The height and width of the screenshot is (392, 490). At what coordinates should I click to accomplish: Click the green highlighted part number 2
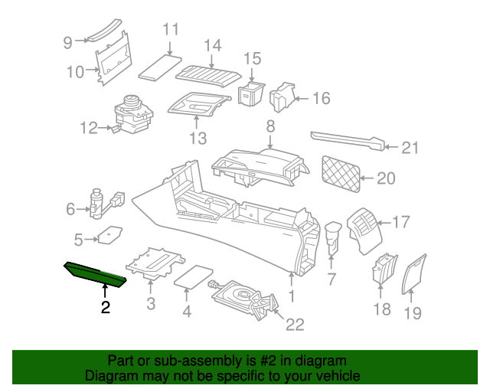pyautogui.click(x=95, y=273)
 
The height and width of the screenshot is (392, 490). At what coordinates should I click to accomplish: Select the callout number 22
pyautogui.click(x=295, y=325)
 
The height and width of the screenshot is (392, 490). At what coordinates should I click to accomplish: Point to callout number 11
pyautogui.click(x=170, y=30)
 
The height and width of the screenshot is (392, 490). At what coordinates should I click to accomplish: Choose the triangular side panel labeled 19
pyautogui.click(x=416, y=272)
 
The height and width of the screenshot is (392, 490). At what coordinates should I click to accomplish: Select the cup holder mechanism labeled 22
pyautogui.click(x=241, y=296)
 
